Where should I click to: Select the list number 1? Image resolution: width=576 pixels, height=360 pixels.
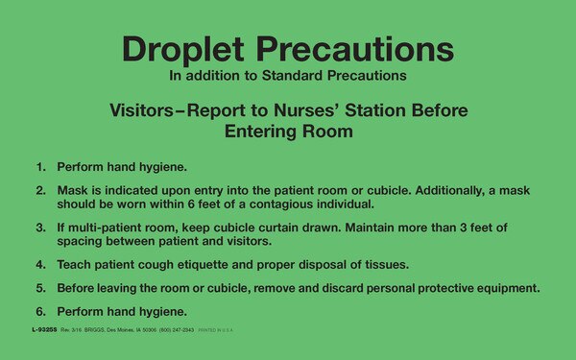41,166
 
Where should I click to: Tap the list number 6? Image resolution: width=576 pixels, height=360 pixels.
41,311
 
